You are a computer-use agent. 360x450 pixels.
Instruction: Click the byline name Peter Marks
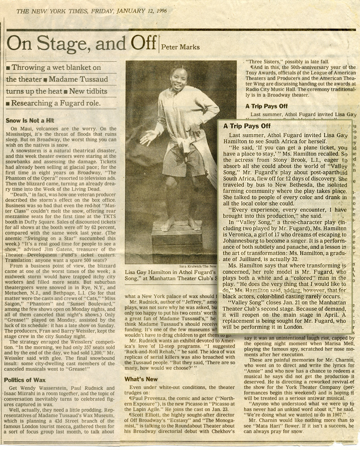[181, 46]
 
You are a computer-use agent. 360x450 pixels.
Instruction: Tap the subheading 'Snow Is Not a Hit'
[30, 121]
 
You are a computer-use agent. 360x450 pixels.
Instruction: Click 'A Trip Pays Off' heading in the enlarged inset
[247, 126]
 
